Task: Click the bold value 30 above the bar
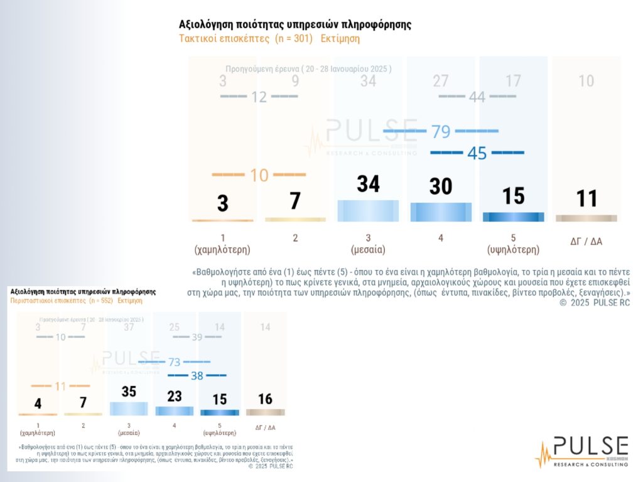[x=441, y=186]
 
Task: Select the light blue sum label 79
[x=441, y=132]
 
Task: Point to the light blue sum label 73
[x=175, y=363]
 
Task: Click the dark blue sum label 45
[x=477, y=153]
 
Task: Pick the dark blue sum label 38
[x=197, y=376]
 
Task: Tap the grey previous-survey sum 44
[x=477, y=97]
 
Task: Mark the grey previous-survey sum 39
[x=197, y=337]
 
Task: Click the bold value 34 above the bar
[x=368, y=184]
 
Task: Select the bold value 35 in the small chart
[x=129, y=392]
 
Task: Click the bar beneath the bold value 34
[x=368, y=210]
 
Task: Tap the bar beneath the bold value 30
[x=441, y=212]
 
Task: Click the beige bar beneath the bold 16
[x=265, y=412]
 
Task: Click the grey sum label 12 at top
[x=259, y=97]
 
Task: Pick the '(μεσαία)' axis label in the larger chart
[x=368, y=250]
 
